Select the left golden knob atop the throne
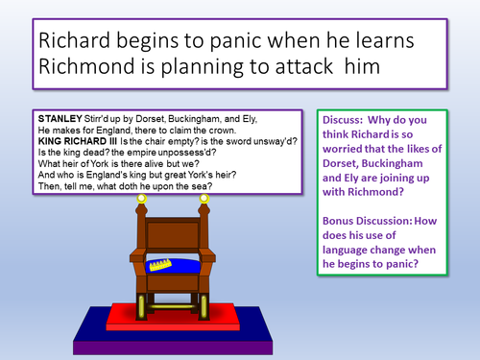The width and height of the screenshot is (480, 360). point(141,199)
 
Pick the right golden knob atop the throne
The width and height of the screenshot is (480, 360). point(204,199)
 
